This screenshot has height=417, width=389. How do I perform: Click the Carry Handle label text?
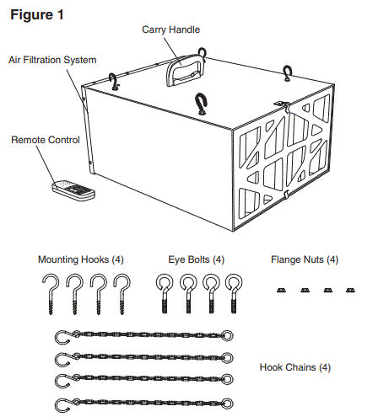click(x=170, y=29)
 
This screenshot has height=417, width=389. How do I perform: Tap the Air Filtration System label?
click(x=52, y=61)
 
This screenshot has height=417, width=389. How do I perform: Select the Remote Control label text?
click(x=45, y=139)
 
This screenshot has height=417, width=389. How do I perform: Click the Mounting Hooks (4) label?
click(x=82, y=259)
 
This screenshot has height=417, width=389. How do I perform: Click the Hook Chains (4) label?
click(x=295, y=367)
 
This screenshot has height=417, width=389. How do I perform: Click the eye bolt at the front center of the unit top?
click(x=202, y=104)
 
